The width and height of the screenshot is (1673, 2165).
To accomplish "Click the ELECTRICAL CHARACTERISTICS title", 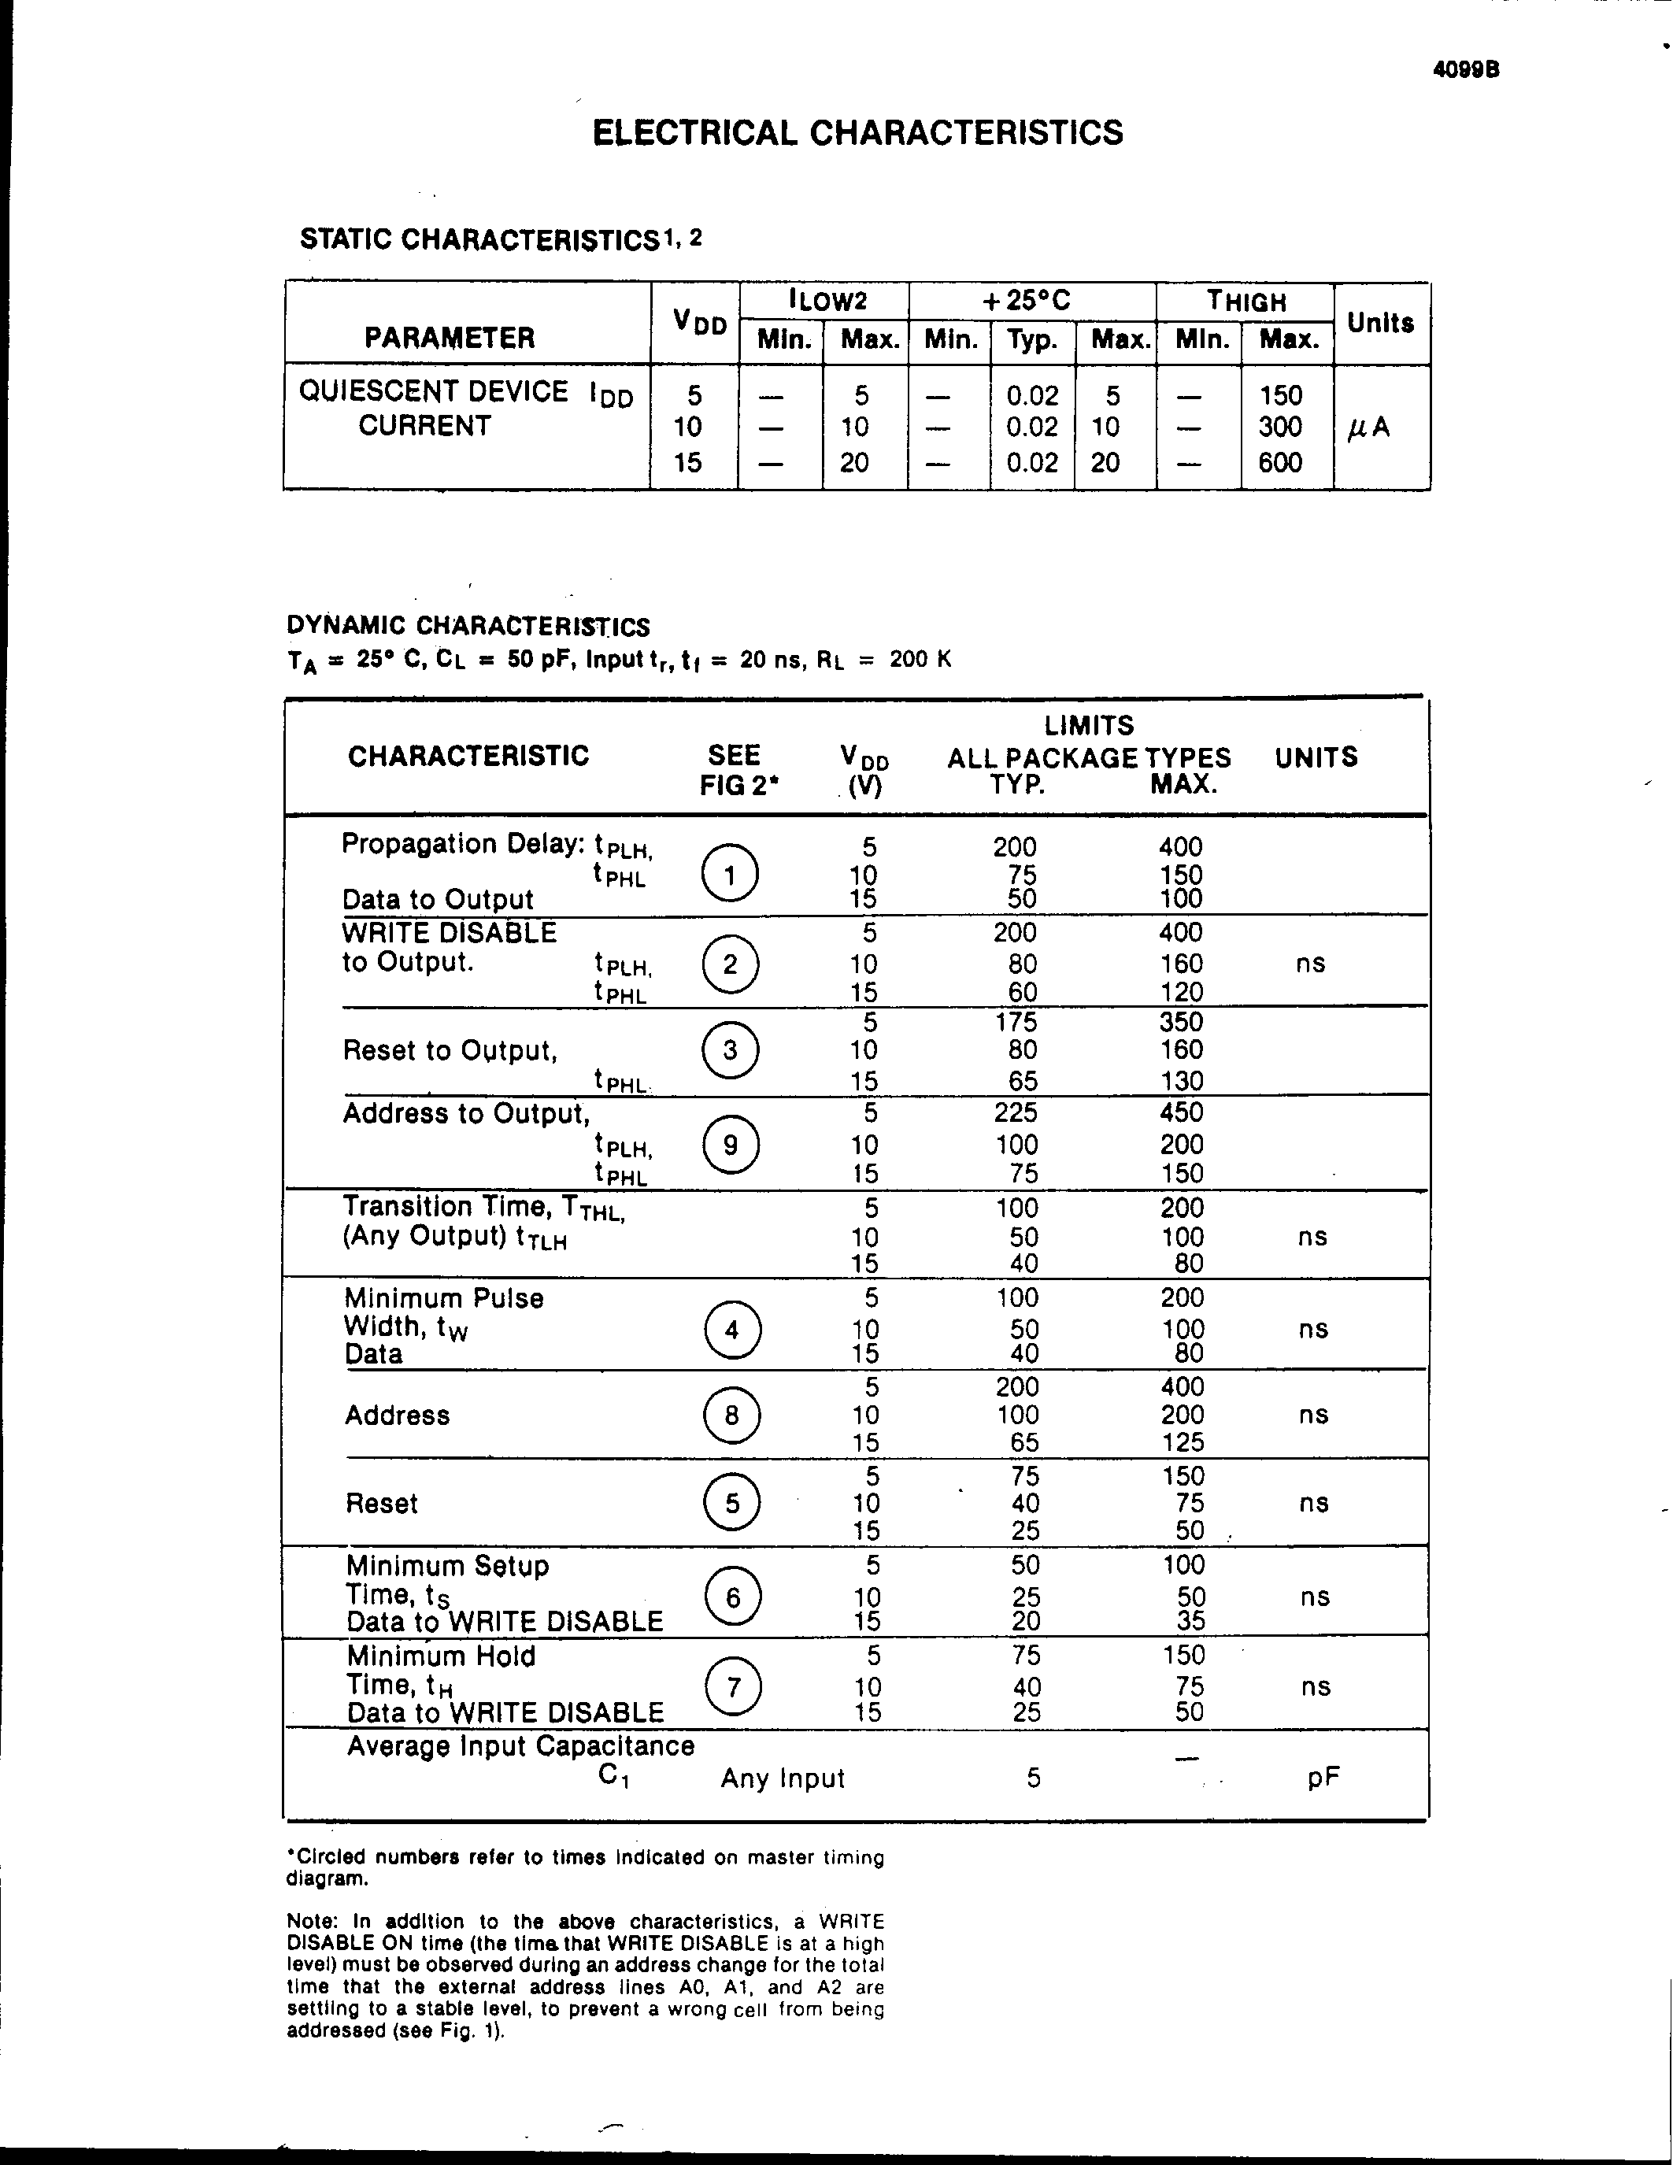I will [857, 133].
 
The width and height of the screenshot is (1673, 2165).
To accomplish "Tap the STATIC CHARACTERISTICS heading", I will [479, 240].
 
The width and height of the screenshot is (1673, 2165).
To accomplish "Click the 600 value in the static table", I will [1279, 462].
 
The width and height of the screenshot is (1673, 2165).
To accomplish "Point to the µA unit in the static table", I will [1369, 427].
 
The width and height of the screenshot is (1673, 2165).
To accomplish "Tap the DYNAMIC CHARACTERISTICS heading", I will [468, 626].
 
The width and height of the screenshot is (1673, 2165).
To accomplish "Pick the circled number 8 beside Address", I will [731, 1415].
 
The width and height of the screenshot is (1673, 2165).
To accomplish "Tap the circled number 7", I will [732, 1686].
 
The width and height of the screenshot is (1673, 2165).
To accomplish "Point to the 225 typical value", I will [1015, 1112].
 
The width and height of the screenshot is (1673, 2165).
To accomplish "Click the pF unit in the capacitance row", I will [1323, 1778].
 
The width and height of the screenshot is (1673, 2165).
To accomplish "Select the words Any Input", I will [782, 1778].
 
